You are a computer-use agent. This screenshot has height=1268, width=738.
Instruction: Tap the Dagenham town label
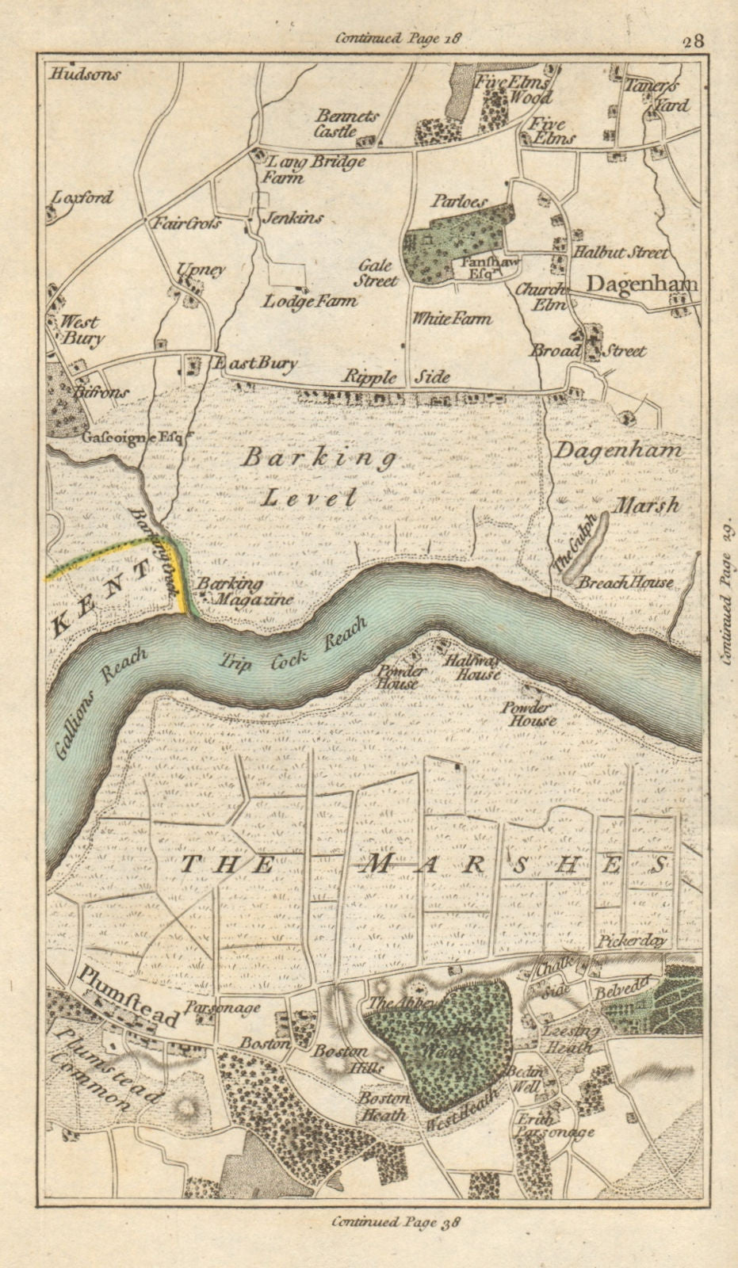coord(641,285)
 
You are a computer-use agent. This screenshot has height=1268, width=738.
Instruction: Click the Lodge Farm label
coord(309,301)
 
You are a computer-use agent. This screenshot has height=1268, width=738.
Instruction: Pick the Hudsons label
coord(84,75)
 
